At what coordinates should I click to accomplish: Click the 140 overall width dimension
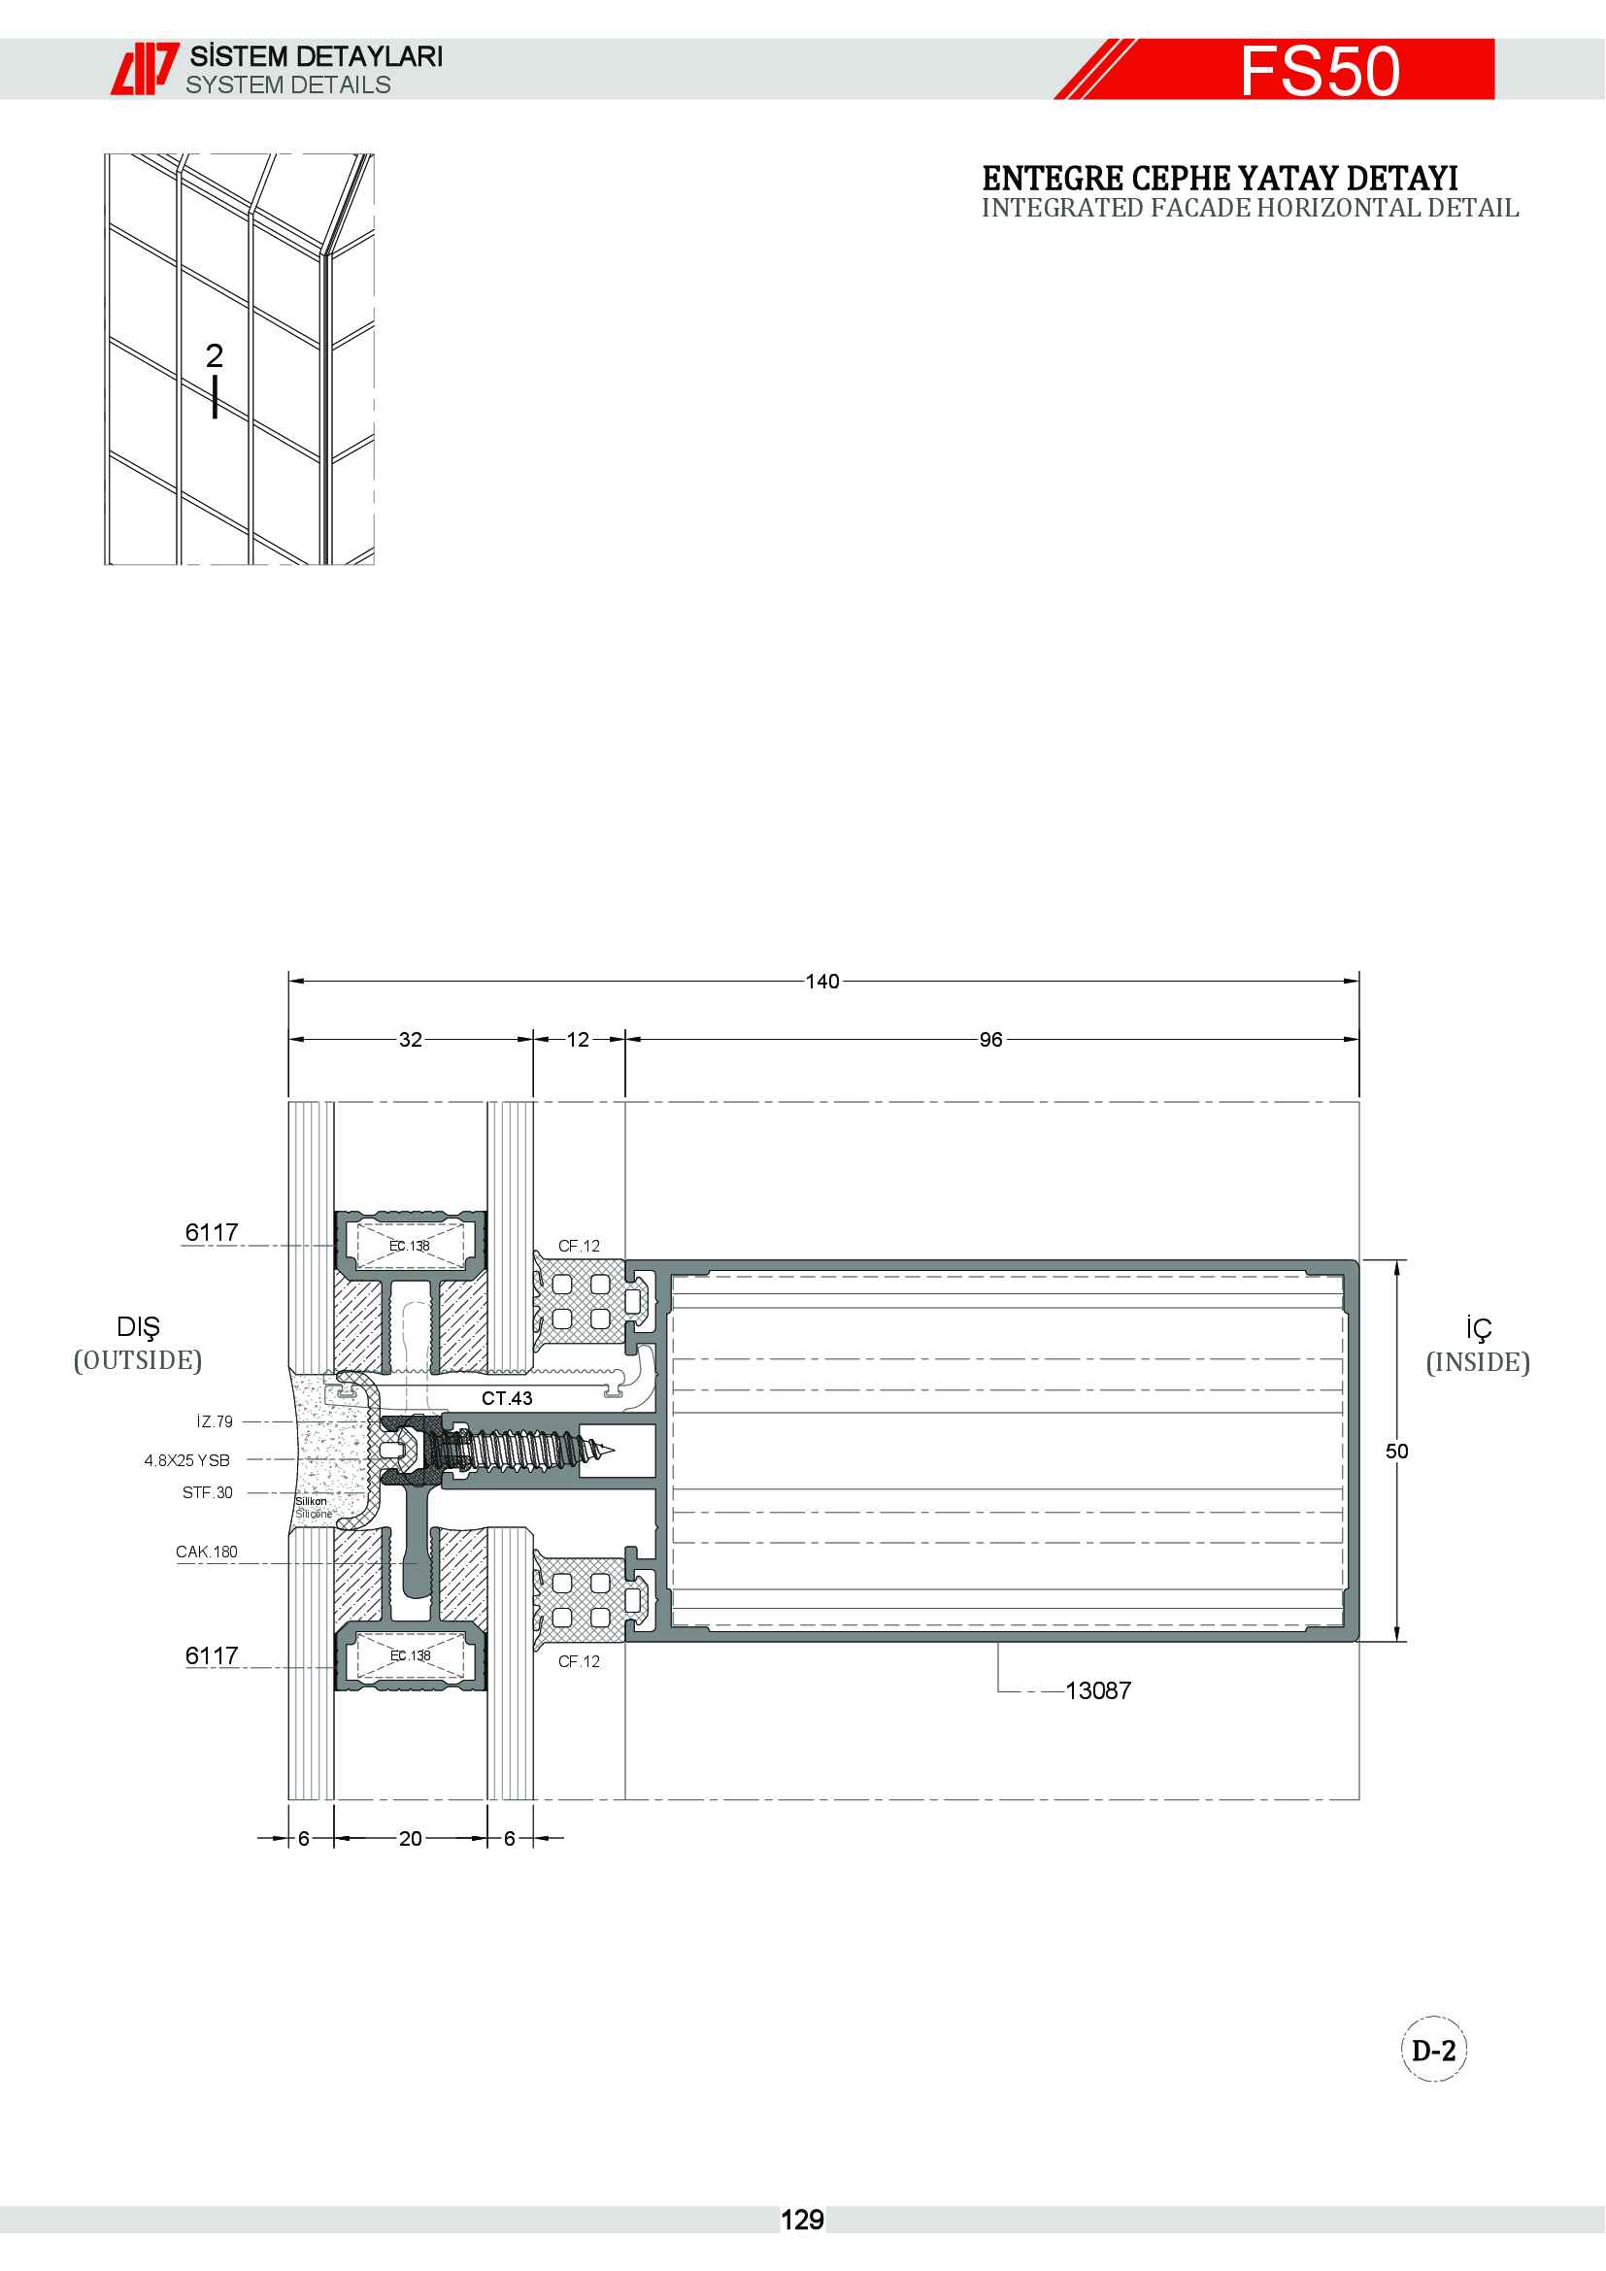pos(821,982)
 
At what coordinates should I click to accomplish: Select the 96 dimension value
pos(991,1040)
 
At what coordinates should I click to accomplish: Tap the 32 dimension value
pos(411,1040)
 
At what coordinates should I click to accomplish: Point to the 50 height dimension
pos(1396,1451)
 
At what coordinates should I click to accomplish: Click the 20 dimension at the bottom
pos(411,1838)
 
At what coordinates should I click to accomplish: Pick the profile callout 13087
pos(1098,1690)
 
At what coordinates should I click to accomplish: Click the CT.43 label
pos(507,1397)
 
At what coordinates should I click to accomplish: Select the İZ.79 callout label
pos(215,1421)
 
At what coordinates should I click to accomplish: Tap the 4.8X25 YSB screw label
pos(186,1460)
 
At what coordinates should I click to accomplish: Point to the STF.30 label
pos(208,1492)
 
